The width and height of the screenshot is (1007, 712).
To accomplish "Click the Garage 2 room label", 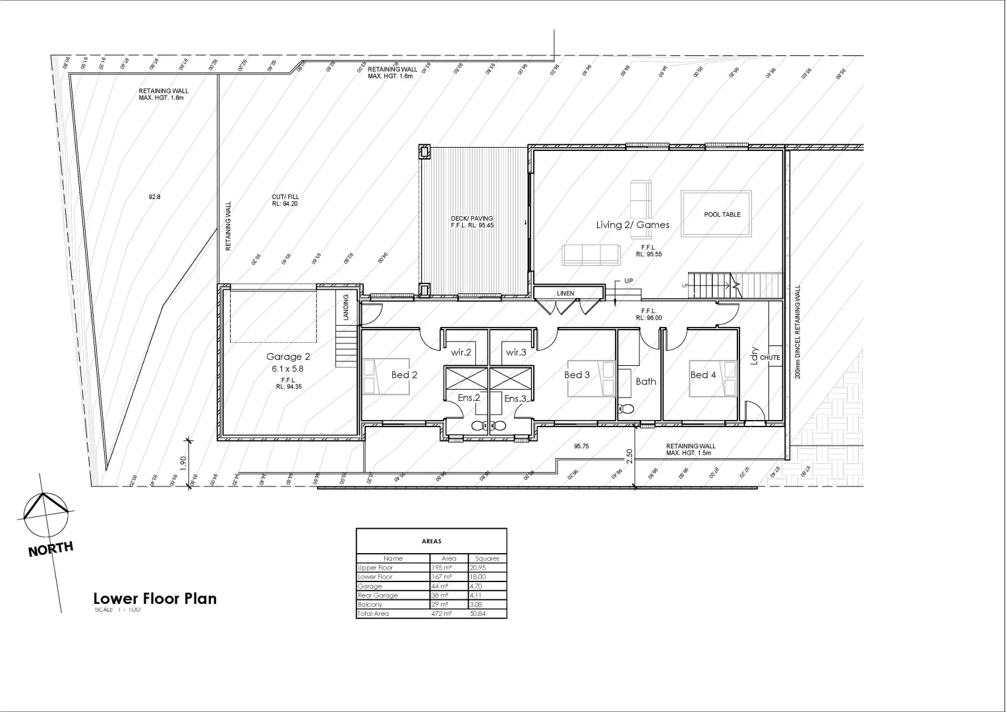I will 288,357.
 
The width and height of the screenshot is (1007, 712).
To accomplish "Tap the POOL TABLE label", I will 722,215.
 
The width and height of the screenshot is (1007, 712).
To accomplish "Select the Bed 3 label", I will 577,375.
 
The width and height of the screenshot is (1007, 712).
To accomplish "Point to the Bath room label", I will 646,381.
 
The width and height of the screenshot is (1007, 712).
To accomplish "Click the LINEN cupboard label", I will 565,293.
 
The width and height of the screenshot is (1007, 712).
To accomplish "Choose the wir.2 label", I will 461,353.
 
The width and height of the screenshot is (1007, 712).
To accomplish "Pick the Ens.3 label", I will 515,399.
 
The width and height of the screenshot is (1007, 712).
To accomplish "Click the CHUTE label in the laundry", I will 770,358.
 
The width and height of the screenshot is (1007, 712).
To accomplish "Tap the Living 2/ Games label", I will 633,225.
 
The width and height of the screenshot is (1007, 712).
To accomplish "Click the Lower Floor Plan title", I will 155,599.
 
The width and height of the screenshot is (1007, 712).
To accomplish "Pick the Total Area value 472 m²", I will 441,614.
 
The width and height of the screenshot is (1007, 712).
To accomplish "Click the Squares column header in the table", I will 487,558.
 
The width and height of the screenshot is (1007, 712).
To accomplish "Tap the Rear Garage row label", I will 378,595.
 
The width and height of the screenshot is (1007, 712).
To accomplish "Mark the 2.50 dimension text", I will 629,456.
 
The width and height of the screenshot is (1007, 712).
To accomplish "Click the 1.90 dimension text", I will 184,463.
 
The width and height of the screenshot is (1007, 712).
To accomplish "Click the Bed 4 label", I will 703,375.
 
